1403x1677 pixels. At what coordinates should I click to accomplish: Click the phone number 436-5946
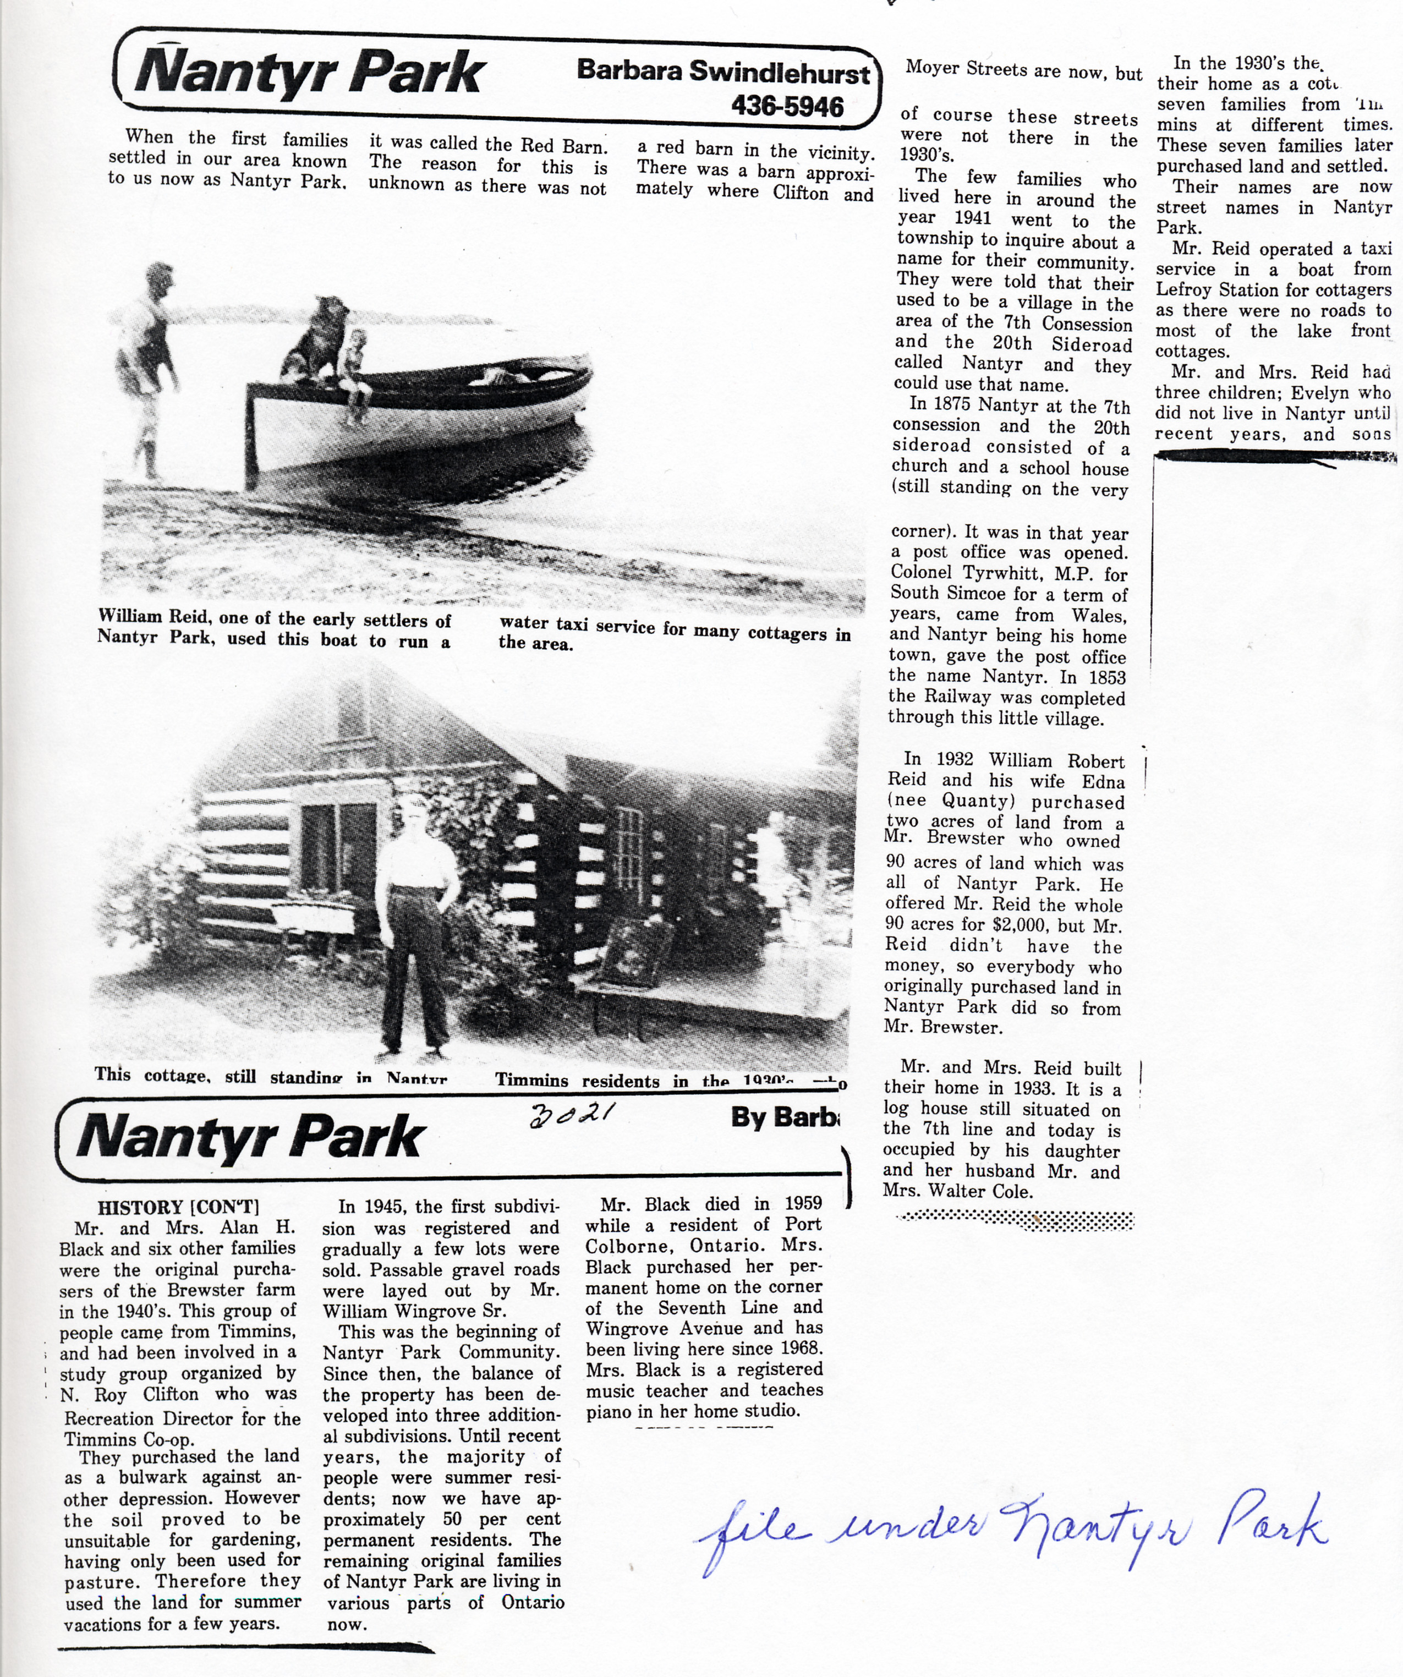click(787, 106)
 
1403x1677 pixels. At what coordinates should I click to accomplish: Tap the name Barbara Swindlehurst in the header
click(722, 72)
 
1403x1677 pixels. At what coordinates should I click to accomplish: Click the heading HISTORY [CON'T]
click(178, 1208)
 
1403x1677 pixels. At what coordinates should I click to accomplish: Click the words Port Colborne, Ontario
click(703, 1235)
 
